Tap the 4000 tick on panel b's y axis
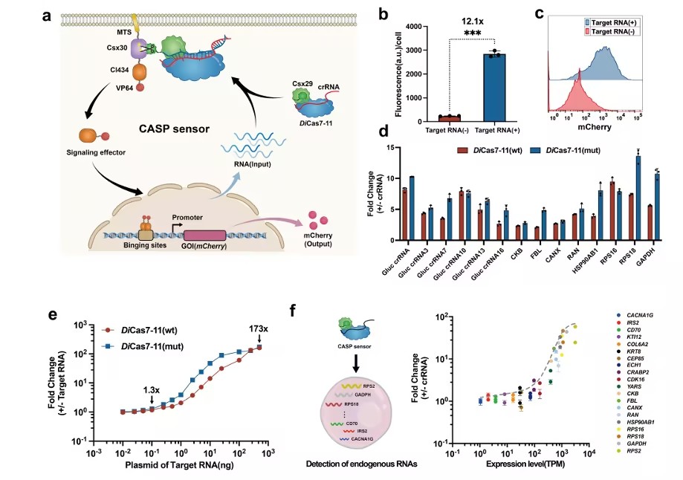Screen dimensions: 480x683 pyautogui.click(x=410, y=27)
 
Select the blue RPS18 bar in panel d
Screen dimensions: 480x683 pyautogui.click(x=638, y=198)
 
